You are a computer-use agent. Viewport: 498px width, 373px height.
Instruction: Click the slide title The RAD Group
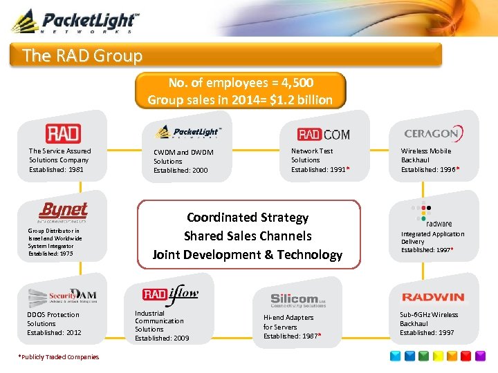click(82, 55)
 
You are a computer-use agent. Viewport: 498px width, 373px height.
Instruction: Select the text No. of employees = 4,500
click(240, 83)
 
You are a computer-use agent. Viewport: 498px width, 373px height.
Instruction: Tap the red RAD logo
click(63, 133)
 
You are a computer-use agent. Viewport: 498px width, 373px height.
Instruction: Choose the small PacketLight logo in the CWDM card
click(187, 131)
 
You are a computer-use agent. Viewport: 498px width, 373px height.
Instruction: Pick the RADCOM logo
click(323, 134)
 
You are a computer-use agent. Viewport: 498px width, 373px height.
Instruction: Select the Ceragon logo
click(433, 133)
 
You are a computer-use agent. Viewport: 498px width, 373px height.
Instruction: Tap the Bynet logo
click(63, 211)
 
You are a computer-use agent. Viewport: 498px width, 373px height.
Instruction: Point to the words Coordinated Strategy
click(248, 218)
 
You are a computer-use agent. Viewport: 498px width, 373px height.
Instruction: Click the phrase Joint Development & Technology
click(248, 255)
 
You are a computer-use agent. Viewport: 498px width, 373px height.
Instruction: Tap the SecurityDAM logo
click(62, 296)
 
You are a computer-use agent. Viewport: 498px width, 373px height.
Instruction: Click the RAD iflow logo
click(170, 294)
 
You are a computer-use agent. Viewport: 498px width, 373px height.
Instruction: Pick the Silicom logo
click(298, 299)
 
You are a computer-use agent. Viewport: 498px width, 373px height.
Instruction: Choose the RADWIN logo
click(433, 297)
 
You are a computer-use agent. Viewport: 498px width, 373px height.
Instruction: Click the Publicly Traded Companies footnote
click(59, 357)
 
